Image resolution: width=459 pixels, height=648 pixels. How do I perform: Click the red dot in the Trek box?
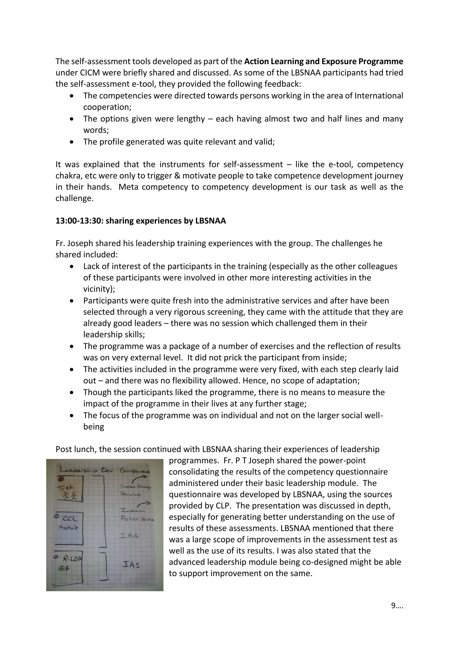coord(60,479)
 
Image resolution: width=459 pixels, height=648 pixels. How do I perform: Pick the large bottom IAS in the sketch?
coord(131,565)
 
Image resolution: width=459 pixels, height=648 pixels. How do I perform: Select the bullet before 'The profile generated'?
coord(72,142)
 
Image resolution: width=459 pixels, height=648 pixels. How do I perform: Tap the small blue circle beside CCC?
coord(56,516)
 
